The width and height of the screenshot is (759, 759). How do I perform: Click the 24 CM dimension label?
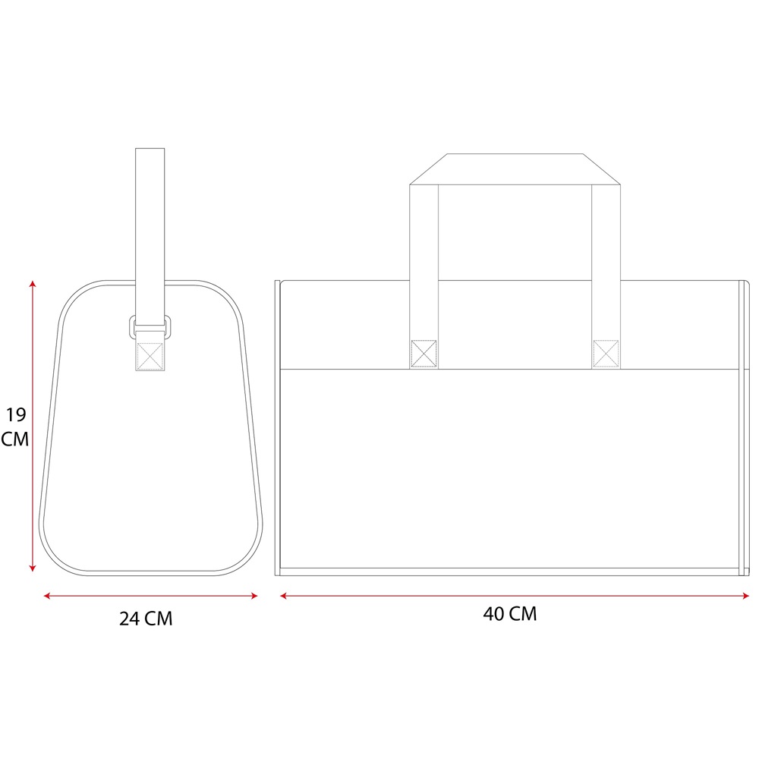pos(146,619)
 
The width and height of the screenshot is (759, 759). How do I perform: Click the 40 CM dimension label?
pos(510,614)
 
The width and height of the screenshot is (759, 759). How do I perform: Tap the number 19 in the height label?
pos(15,415)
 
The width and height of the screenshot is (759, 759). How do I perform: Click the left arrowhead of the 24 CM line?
pos(47,596)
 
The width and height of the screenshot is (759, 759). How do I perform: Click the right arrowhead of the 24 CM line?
pos(254,596)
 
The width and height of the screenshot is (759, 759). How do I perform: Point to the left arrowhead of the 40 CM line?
pos(284,596)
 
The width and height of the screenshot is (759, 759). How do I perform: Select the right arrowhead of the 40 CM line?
pos(746,596)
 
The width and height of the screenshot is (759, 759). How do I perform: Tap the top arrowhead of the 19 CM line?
pos(33,284)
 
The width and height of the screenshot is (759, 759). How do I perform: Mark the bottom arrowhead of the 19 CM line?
pos(33,568)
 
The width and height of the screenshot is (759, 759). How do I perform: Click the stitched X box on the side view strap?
pos(150,356)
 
